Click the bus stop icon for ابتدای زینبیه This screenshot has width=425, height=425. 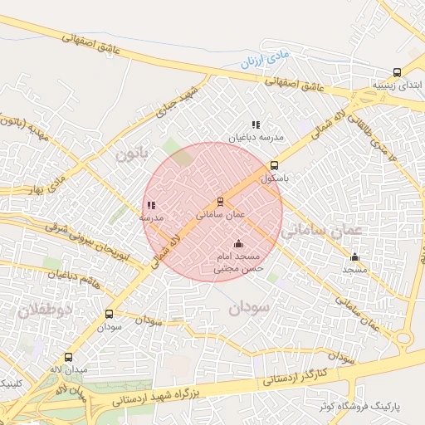[x=397, y=73]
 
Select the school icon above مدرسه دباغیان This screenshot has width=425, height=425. [x=256, y=125]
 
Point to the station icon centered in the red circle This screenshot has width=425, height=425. [x=220, y=201]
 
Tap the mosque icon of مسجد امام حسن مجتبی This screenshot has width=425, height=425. [x=239, y=243]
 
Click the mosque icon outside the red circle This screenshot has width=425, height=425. [x=355, y=256]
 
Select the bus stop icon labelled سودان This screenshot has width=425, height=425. [x=109, y=315]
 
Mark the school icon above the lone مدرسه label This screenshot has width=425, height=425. [x=150, y=204]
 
